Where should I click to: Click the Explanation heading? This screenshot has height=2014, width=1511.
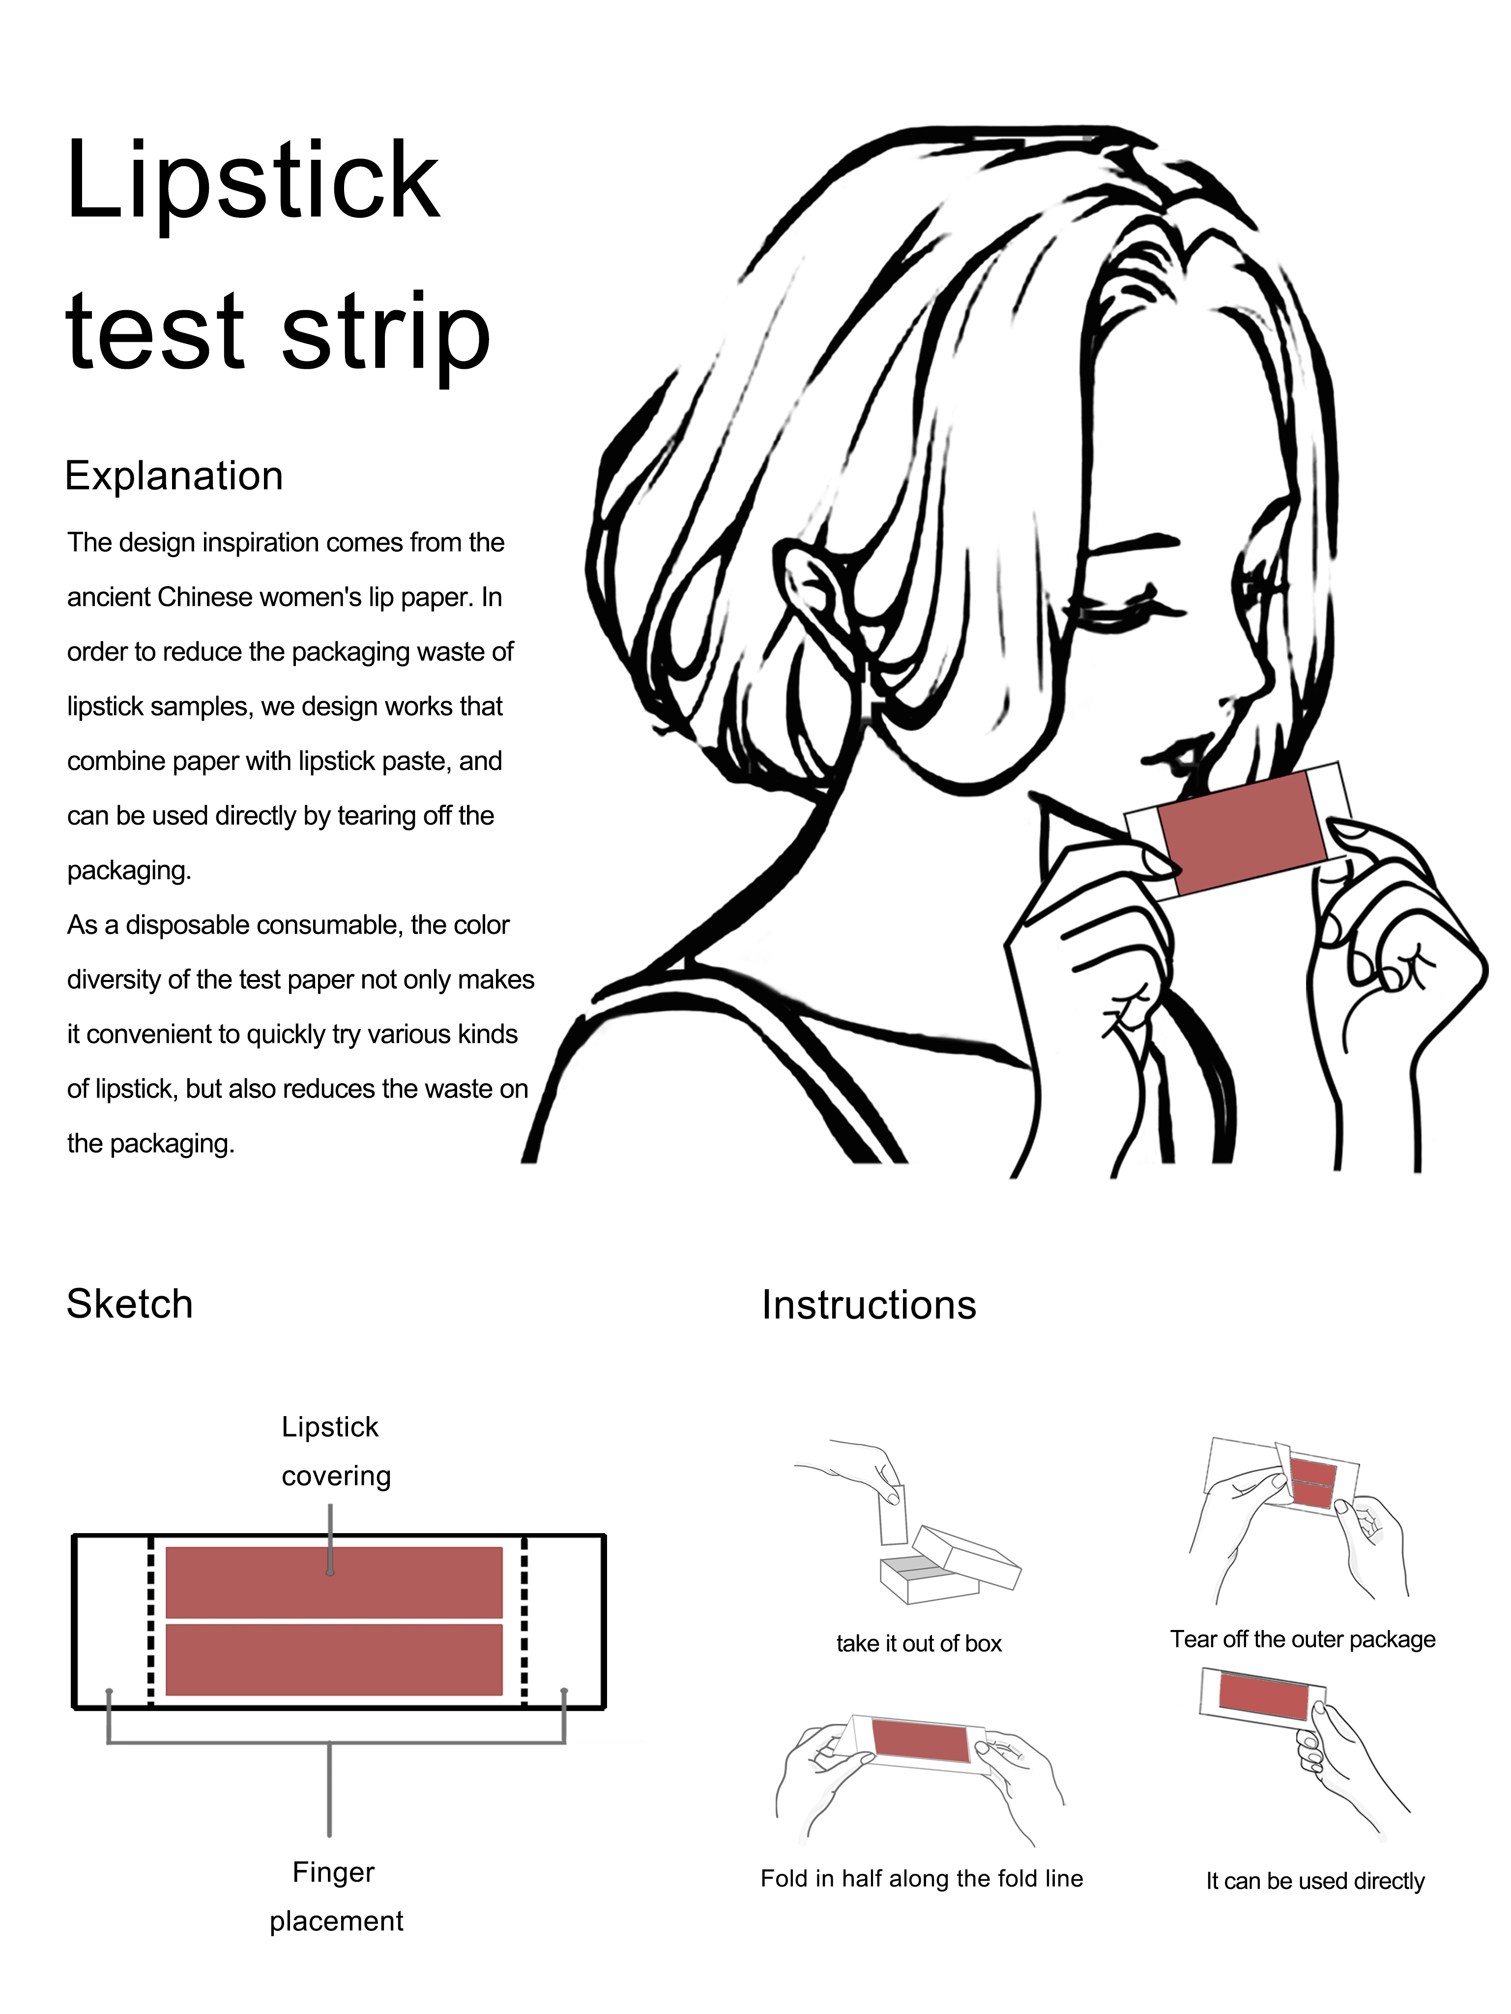(174, 476)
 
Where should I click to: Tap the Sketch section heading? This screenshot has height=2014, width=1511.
(129, 1304)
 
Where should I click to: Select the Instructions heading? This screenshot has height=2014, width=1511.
(869, 1305)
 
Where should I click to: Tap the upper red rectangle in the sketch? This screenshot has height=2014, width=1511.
(333, 1582)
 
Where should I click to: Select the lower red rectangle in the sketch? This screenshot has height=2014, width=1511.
(333, 1659)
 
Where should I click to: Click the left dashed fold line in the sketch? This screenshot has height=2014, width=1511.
(151, 1621)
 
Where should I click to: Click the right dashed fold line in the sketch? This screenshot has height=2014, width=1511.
(524, 1621)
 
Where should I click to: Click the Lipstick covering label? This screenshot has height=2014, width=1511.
(334, 1451)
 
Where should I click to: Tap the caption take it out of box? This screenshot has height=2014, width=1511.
(918, 1643)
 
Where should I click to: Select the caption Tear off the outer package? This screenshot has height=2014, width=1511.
(1303, 1639)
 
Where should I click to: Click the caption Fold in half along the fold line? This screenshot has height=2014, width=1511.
(921, 1878)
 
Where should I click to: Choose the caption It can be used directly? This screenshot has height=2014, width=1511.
(1314, 1881)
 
